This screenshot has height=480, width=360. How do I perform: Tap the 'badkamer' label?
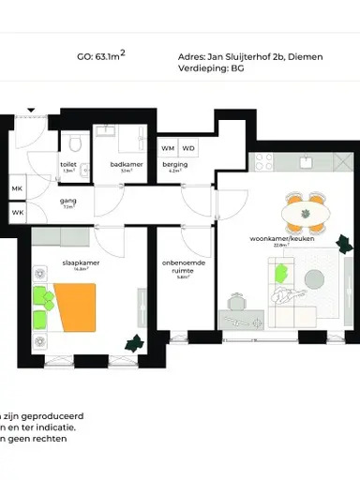coord(125,164)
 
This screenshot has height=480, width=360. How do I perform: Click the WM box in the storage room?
coord(168,148)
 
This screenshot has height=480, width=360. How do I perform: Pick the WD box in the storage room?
coord(188,148)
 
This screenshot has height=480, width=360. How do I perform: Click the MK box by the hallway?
coord(17,189)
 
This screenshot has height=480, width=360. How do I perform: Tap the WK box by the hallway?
coord(17,212)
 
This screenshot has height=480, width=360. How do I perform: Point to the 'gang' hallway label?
coord(67,201)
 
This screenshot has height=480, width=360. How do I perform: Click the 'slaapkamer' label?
coord(82,263)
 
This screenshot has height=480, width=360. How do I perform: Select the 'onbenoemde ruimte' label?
coord(184,267)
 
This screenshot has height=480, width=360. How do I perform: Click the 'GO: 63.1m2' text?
coord(100,56)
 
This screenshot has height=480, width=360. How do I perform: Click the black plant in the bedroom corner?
coord(135,343)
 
